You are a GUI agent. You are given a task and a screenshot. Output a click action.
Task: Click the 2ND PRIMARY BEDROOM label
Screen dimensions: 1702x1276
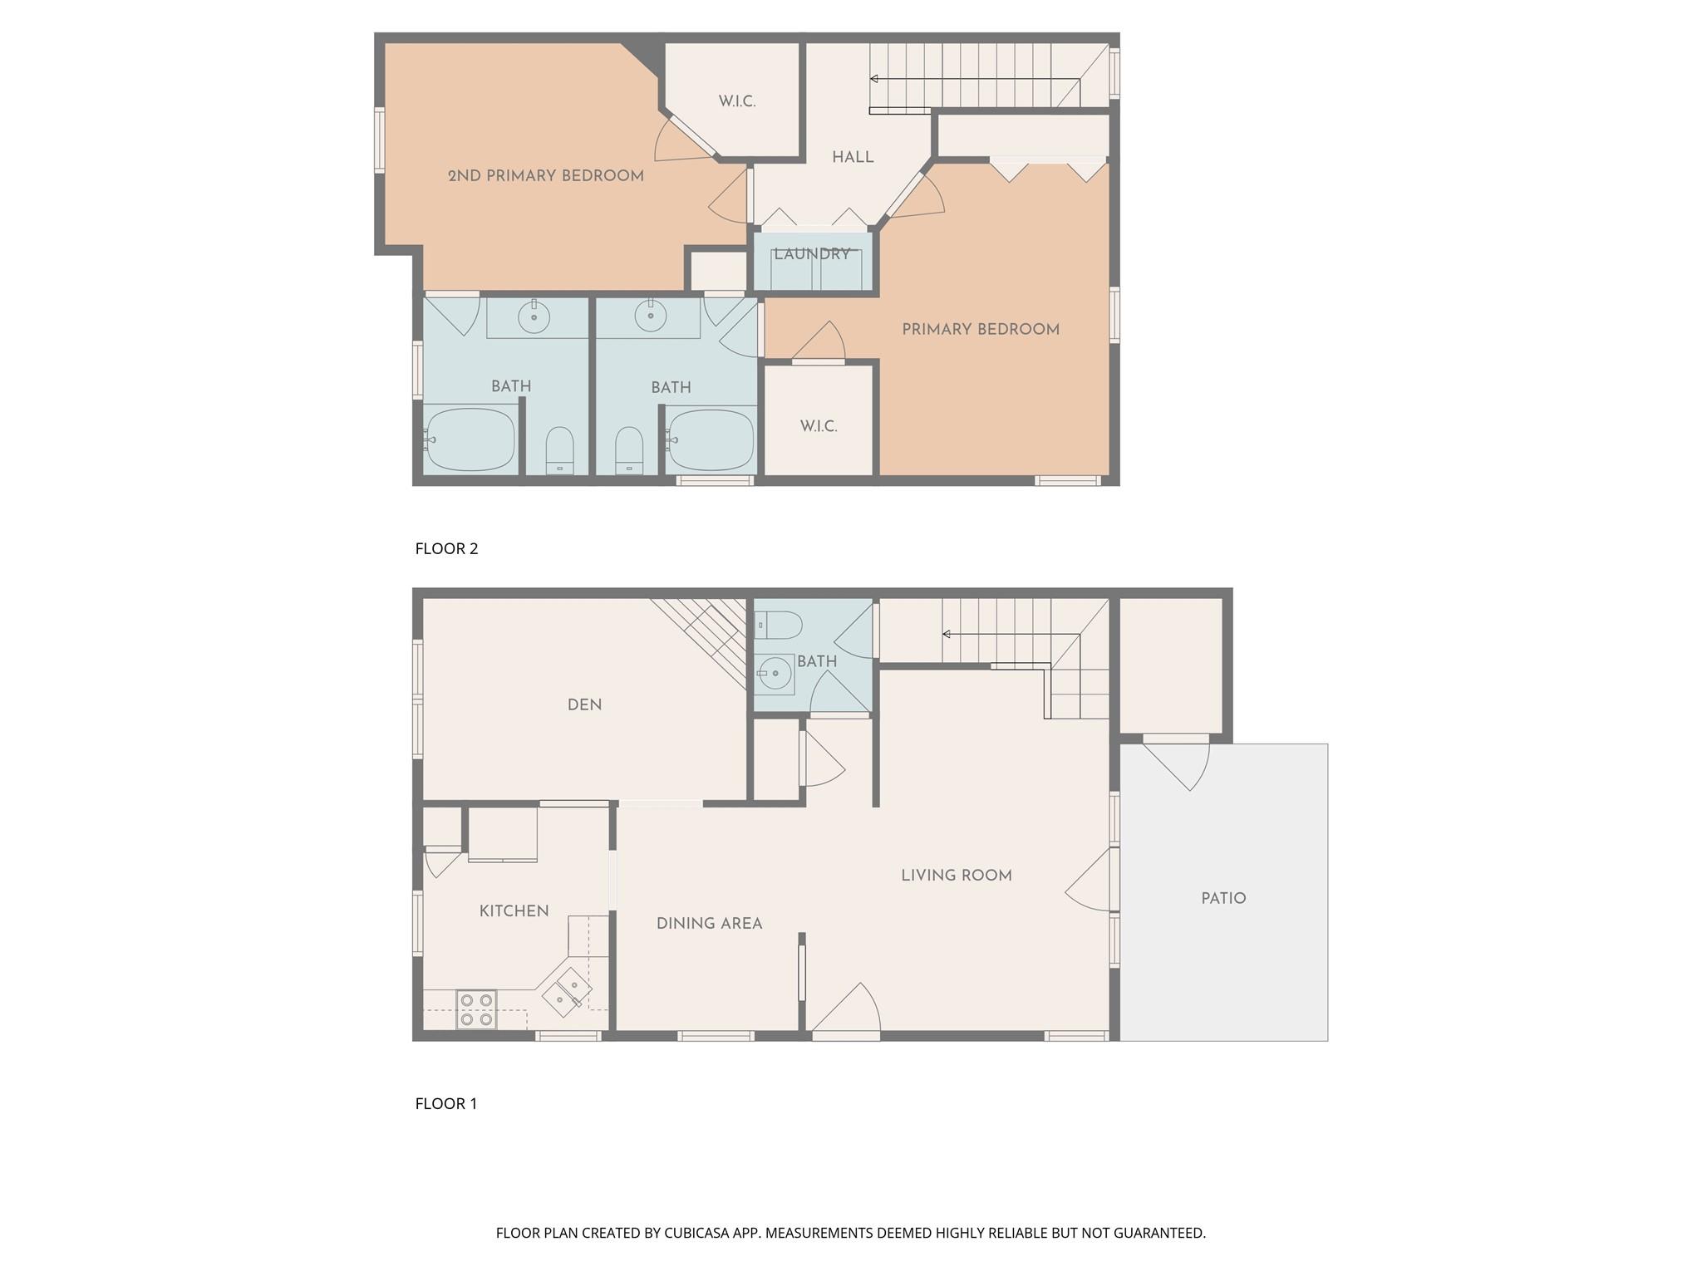[545, 176]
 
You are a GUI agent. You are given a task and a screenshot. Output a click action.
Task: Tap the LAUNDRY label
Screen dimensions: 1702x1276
[812, 254]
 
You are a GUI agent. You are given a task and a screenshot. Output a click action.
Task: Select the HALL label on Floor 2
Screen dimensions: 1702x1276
[853, 157]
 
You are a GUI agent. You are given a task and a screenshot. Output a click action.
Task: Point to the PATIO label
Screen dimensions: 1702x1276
[1223, 898]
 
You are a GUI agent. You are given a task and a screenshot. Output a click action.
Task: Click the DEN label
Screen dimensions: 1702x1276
[584, 704]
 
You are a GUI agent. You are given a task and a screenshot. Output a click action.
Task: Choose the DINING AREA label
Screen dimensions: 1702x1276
[709, 923]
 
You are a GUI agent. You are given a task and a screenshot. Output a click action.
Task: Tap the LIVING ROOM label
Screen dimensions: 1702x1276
[957, 875]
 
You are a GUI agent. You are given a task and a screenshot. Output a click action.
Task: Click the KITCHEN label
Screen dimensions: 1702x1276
[514, 910]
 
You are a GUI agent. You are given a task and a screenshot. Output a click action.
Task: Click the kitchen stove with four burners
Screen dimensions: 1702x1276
[476, 1010]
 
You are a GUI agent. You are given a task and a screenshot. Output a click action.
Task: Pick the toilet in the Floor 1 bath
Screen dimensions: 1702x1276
[778, 624]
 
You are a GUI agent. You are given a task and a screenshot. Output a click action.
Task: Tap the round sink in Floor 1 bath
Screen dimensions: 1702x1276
[775, 673]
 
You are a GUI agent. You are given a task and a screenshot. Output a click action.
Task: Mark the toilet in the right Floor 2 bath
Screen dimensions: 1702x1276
[629, 450]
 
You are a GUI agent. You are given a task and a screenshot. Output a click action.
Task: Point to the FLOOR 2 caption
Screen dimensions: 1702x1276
[446, 548]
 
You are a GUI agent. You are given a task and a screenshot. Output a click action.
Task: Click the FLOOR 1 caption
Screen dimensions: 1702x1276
[446, 1103]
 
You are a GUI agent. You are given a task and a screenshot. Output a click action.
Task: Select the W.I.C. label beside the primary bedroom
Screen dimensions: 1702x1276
[819, 426]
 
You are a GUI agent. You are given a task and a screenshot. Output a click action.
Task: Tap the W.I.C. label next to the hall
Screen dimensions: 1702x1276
[737, 101]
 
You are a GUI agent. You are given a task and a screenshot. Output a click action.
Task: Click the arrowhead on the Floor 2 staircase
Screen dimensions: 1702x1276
[873, 79]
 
